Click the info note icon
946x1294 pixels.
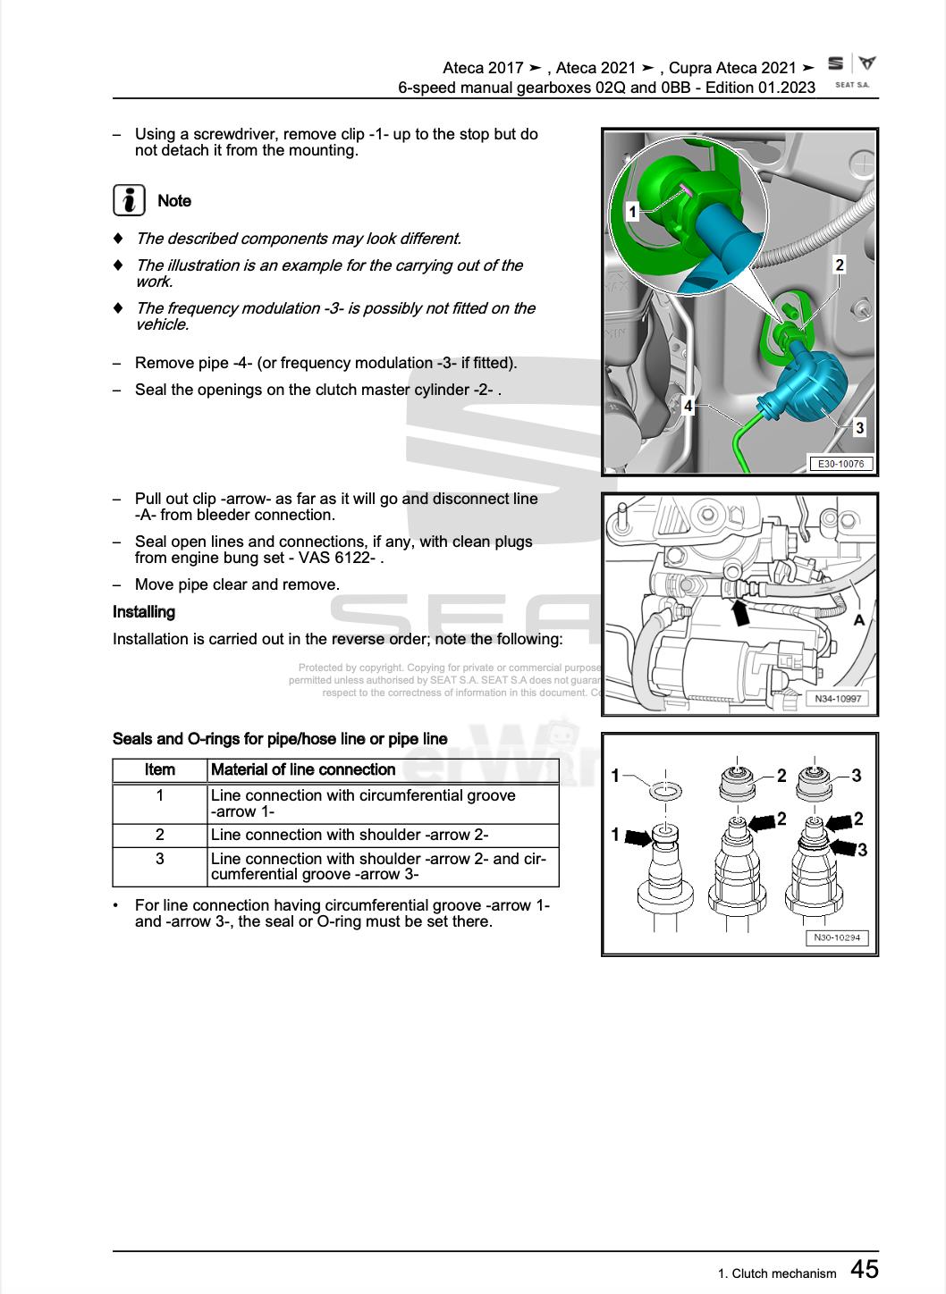pos(129,200)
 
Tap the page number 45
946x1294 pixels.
pos(864,1269)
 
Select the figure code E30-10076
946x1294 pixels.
pos(840,464)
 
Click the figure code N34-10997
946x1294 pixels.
pos(837,698)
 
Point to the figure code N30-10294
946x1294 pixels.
pos(837,937)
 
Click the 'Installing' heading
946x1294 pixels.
pos(144,612)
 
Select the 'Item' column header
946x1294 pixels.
pos(160,769)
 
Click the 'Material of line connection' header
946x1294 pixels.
pos(303,769)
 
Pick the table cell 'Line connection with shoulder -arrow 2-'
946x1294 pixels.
pos(350,835)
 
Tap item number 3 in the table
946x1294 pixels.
pos(160,859)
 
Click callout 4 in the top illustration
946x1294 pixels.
pos(688,406)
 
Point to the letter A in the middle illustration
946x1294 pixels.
pos(858,619)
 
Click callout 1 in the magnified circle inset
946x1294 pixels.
pos(632,212)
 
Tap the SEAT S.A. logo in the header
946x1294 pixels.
pos(851,71)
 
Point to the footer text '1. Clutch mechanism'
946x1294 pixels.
pos(776,1273)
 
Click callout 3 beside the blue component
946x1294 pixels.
pos(859,427)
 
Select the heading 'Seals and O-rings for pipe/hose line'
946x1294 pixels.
pos(280,739)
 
